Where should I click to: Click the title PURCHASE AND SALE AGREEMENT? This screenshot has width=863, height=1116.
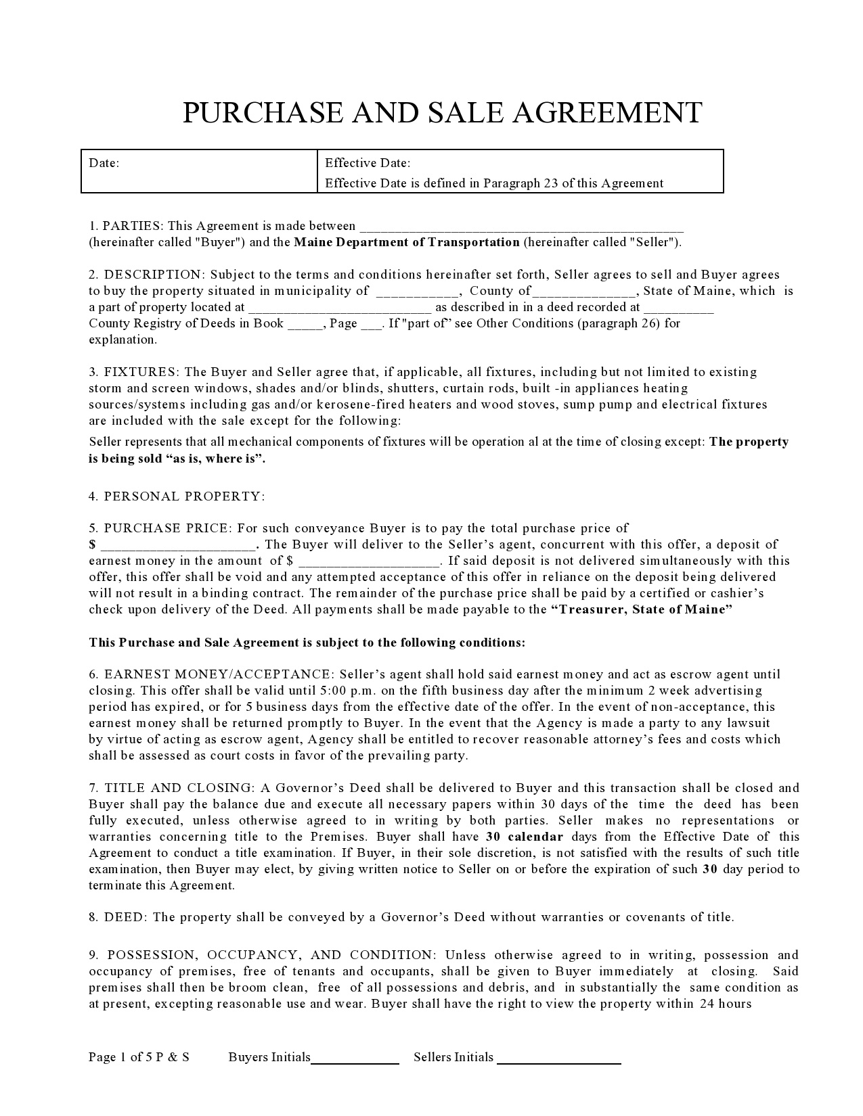pyautogui.click(x=442, y=113)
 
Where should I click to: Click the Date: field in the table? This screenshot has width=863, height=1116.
pyautogui.click(x=199, y=171)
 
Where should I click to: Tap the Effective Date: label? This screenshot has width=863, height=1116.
pyautogui.click(x=368, y=163)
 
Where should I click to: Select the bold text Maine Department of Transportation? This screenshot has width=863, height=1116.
pyautogui.click(x=406, y=242)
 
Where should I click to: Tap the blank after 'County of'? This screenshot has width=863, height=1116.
pyautogui.click(x=583, y=292)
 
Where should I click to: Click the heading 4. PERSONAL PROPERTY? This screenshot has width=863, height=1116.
pyautogui.click(x=177, y=496)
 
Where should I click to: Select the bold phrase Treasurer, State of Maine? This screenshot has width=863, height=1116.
pyautogui.click(x=642, y=609)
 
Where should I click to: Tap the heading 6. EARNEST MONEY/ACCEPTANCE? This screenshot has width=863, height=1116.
pyautogui.click(x=211, y=674)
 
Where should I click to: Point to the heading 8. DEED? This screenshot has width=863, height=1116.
pyautogui.click(x=118, y=918)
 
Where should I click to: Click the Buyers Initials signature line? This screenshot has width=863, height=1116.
pyautogui.click(x=355, y=1059)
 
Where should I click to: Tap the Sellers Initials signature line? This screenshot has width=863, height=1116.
pyautogui.click(x=559, y=1059)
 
